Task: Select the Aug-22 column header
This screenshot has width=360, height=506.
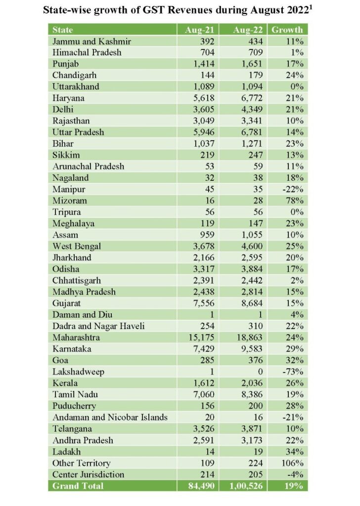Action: (x=248, y=30)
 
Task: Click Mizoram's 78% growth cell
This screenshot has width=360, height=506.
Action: (x=293, y=201)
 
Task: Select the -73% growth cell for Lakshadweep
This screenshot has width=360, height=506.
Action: (x=292, y=372)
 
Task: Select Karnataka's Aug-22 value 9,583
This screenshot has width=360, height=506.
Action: (x=250, y=349)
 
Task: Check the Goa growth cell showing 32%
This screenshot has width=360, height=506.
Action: (x=293, y=360)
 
